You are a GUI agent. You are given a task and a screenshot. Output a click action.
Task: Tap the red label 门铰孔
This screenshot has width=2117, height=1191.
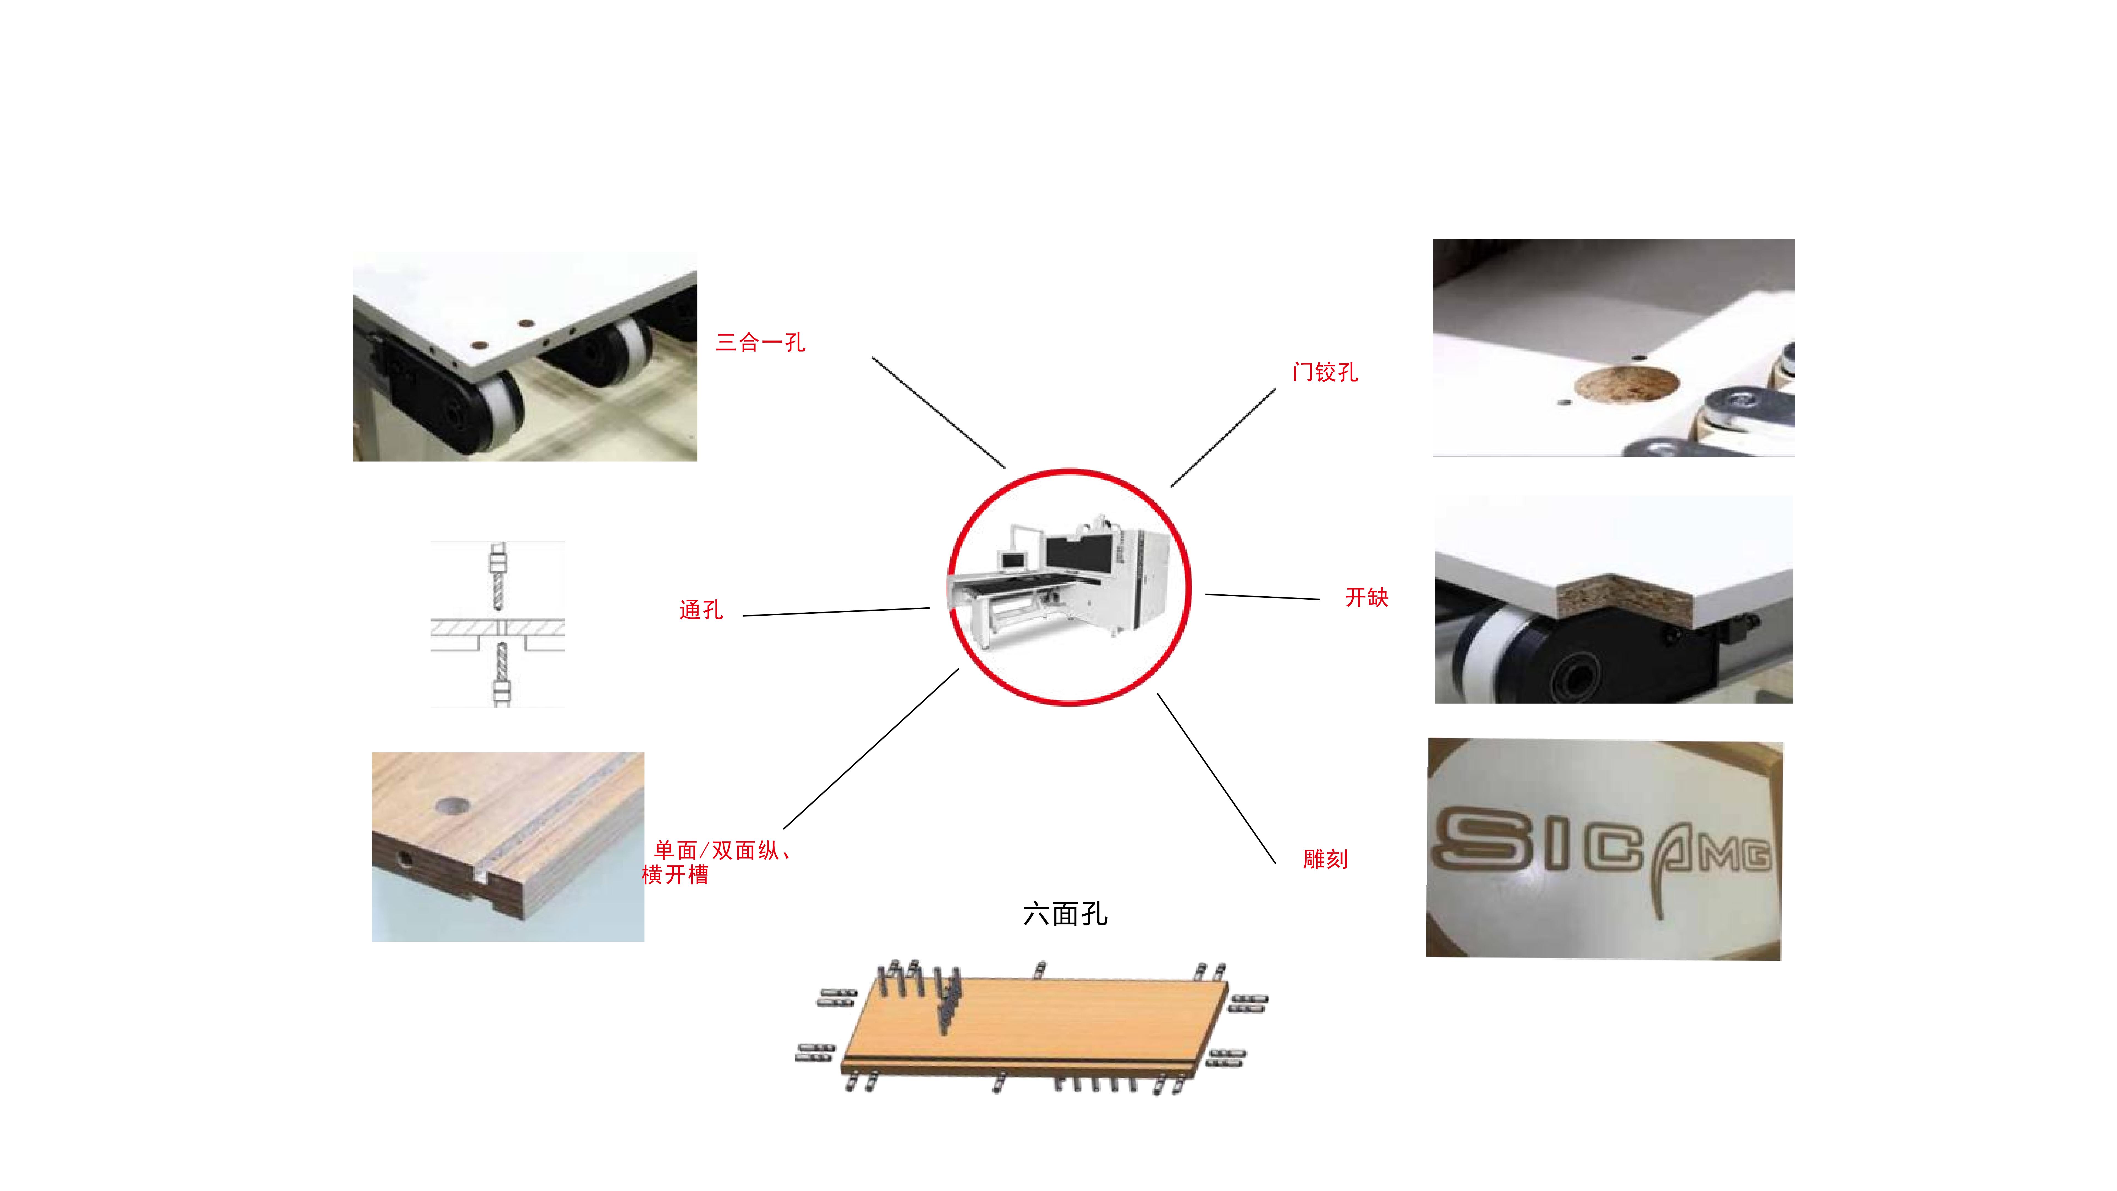click(1325, 372)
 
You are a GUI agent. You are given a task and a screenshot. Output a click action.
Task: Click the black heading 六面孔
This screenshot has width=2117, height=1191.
click(1065, 914)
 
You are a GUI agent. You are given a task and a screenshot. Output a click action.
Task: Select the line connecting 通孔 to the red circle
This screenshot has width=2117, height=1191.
click(836, 611)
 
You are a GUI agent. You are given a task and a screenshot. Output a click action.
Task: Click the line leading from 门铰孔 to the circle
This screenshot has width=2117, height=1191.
click(1223, 438)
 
